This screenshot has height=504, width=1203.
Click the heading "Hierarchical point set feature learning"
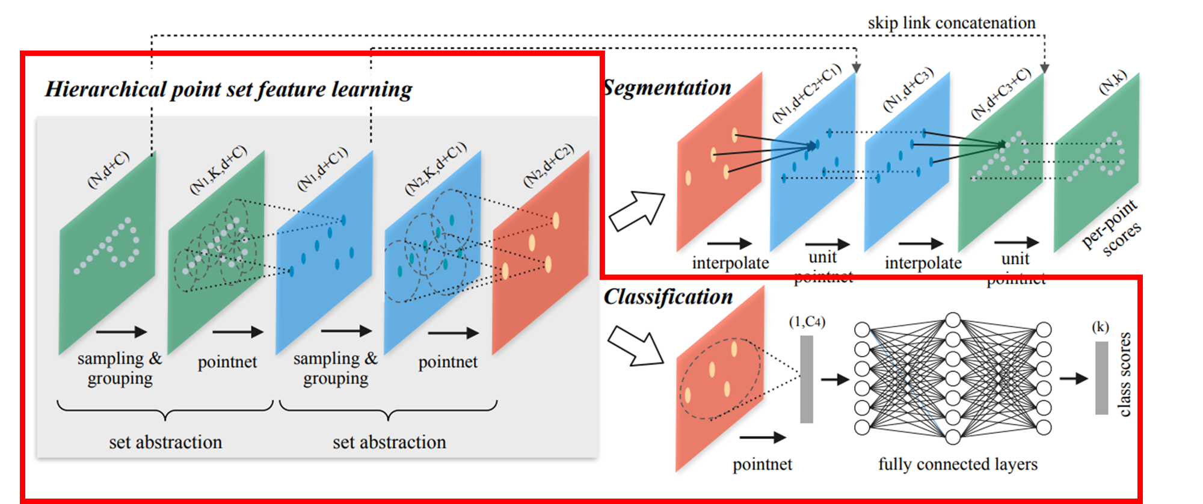pos(229,90)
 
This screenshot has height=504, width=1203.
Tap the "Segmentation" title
pos(668,88)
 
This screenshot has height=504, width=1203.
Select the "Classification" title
pos(668,297)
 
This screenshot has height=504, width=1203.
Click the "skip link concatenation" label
pos(951,23)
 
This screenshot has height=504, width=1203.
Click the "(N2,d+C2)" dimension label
pos(549,165)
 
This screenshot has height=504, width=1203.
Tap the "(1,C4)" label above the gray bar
pos(807,322)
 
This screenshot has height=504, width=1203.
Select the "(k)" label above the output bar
pos(1100,327)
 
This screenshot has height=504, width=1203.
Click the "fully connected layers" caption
pos(958,464)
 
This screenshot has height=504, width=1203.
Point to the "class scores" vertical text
pos(1124,374)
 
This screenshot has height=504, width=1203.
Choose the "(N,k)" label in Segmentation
pos(1113,83)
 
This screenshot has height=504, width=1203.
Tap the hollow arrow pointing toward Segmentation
pos(636,211)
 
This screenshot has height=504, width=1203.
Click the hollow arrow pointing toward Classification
pos(635,346)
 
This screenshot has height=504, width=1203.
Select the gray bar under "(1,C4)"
pos(807,379)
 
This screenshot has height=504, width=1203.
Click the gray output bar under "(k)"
pos(1101,378)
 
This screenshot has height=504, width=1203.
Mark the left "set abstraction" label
pos(165,443)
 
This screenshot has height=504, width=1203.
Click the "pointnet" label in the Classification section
pos(762,464)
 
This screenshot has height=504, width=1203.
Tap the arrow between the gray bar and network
pos(835,380)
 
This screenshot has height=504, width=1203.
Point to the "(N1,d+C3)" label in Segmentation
pos(908,89)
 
